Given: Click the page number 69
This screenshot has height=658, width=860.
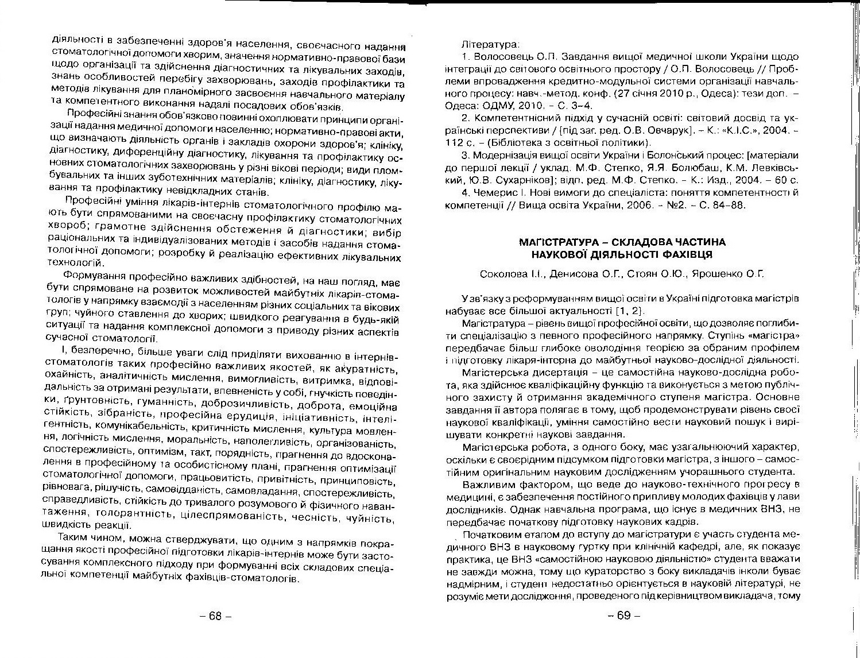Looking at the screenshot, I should click(x=623, y=616).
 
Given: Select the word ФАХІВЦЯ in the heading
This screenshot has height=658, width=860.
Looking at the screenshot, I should click(x=689, y=254).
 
